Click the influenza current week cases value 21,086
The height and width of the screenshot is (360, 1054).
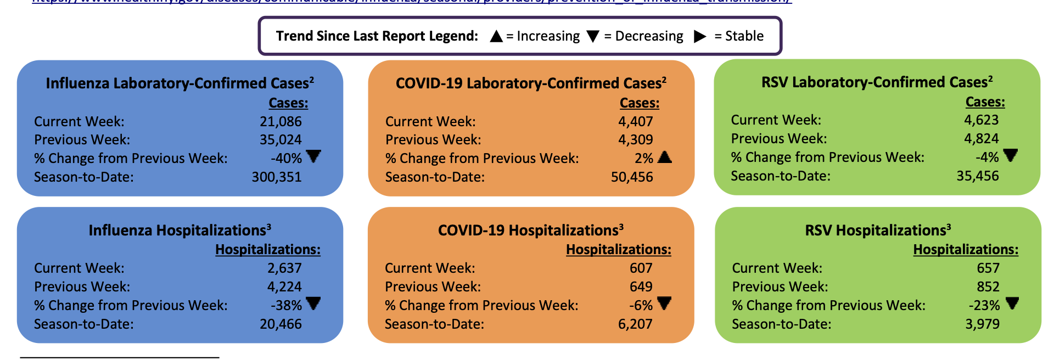point(281,121)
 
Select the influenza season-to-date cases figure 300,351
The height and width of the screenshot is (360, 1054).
point(277,177)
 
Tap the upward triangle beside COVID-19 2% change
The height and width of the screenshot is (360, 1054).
point(665,157)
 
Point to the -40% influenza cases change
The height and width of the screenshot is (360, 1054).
point(286,159)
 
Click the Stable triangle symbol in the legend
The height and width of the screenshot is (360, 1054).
point(699,36)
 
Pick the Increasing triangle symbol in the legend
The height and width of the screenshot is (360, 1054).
point(496,36)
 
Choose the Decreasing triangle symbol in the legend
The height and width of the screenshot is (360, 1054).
point(593,36)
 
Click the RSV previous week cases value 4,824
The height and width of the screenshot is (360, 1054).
point(982,139)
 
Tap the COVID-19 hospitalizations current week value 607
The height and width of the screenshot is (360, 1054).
point(641,268)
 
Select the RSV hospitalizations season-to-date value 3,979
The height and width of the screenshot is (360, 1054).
point(983,324)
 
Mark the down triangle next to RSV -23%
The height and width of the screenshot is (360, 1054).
point(1012,303)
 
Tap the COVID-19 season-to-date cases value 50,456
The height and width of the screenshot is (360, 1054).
point(632,177)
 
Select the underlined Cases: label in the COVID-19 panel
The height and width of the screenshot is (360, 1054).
point(640,103)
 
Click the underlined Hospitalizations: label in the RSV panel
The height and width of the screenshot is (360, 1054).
point(966,250)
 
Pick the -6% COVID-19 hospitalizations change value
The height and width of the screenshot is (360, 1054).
point(641,306)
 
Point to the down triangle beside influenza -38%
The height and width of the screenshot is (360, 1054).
point(313,303)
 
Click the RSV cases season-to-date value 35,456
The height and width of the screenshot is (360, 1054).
point(978,176)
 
